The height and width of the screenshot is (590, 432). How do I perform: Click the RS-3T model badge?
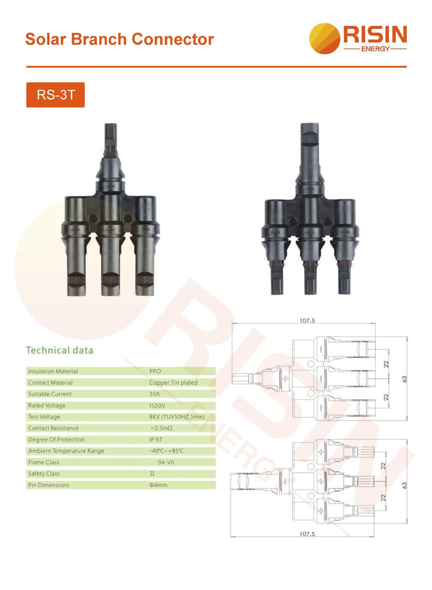55,95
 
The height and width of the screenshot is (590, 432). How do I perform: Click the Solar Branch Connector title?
119,39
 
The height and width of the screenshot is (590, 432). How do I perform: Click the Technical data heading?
60,350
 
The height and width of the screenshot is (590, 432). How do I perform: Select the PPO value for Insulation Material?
155,371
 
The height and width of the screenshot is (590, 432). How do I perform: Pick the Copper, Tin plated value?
173,383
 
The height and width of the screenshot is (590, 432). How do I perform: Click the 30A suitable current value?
154,394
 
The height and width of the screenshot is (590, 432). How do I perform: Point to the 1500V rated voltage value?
157,406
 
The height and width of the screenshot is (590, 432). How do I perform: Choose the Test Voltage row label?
44,417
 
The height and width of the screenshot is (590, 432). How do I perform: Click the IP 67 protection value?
156,439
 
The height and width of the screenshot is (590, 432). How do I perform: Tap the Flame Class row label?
44,462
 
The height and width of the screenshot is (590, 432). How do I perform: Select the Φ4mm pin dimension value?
158,485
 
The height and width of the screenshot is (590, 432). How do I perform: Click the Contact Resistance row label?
54,428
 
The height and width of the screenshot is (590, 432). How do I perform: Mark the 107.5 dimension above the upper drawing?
307,321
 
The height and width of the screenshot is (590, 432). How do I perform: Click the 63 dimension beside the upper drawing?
405,379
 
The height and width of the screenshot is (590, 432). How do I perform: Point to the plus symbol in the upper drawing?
285,378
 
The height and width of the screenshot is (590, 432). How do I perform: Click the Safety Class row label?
44,474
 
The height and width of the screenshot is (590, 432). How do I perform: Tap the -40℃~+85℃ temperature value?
166,451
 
